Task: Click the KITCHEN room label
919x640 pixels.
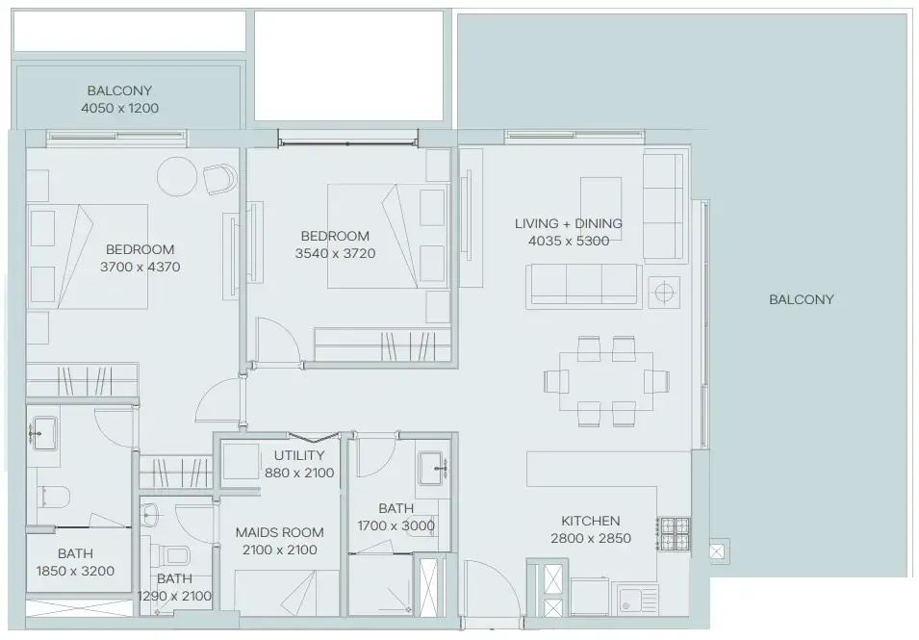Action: (590, 521)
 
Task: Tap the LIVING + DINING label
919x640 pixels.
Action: (568, 223)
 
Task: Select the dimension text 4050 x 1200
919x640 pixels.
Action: (119, 108)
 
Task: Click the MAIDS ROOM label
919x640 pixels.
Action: (279, 532)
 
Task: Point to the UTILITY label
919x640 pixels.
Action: (298, 455)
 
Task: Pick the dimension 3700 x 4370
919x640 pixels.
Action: (140, 267)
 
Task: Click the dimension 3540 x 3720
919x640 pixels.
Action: (334, 254)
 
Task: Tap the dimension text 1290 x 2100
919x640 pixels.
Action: (174, 596)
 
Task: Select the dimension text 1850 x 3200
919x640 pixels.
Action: (75, 571)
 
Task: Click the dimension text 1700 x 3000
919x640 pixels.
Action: (396, 525)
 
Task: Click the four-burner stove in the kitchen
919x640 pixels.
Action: (674, 532)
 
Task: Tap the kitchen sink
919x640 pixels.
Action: (634, 598)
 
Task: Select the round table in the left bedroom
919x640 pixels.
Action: (179, 178)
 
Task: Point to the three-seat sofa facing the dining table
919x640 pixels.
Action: (583, 284)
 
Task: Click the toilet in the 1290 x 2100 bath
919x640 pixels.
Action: (174, 555)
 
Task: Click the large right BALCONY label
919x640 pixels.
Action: (801, 299)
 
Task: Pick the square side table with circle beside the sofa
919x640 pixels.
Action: (664, 290)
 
